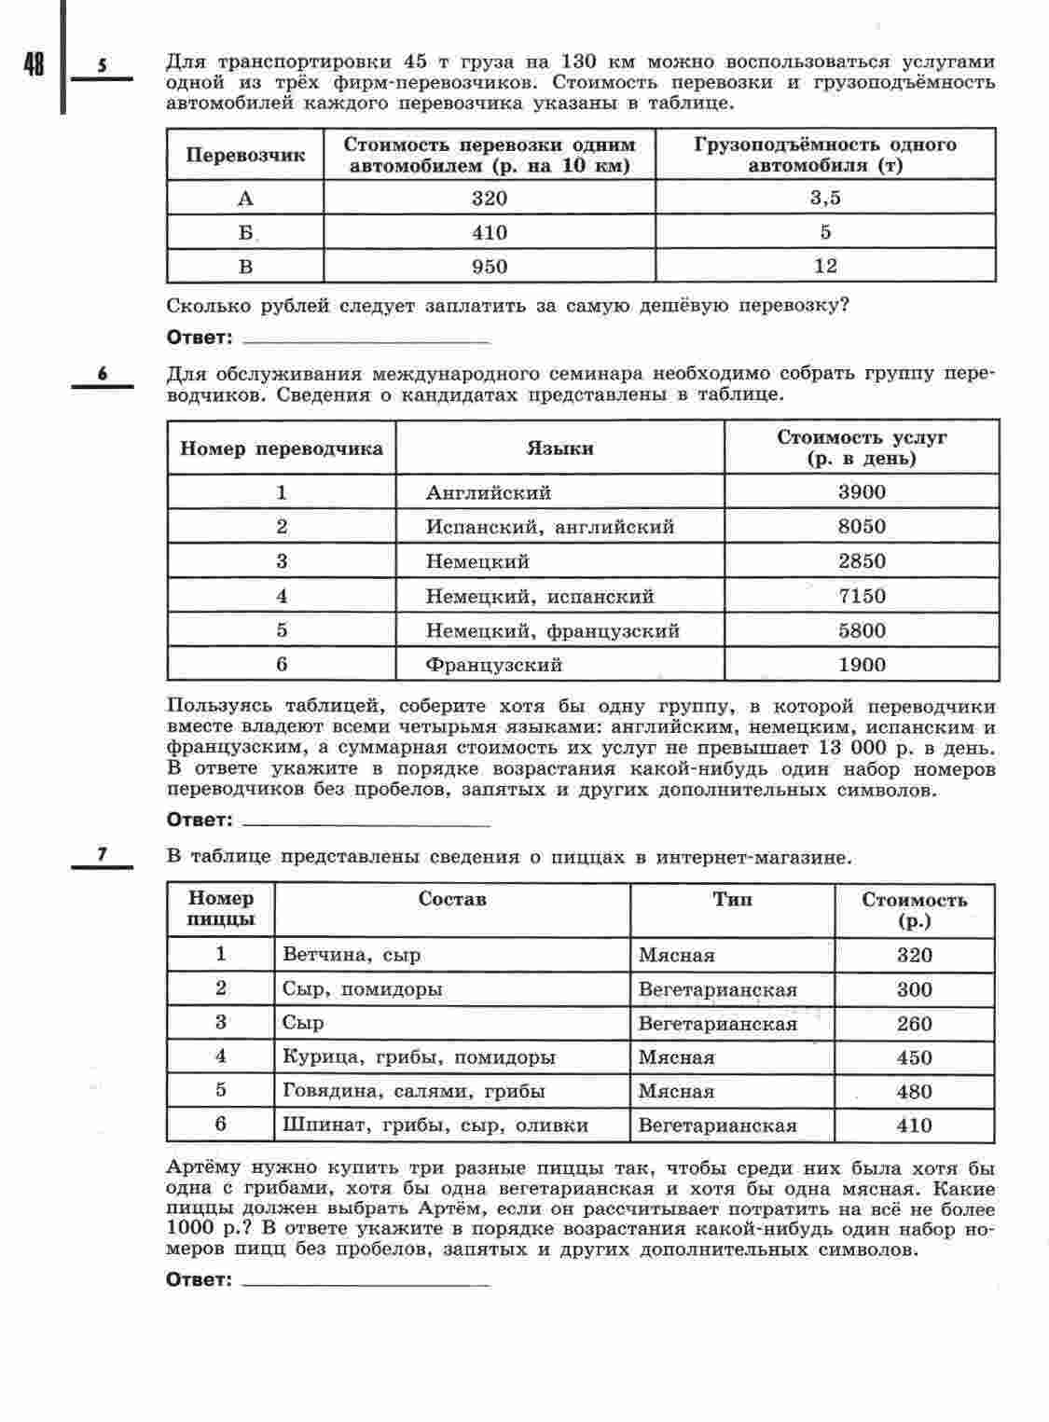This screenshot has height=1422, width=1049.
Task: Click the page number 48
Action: point(34,66)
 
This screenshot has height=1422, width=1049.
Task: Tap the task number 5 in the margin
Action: point(103,66)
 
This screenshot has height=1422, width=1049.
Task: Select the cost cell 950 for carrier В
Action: point(490,268)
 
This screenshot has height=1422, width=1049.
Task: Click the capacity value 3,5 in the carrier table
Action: point(825,198)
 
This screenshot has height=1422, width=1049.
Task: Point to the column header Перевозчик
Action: point(245,156)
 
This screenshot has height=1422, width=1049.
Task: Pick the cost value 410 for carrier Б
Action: point(490,232)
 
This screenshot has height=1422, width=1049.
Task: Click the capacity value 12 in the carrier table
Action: point(825,267)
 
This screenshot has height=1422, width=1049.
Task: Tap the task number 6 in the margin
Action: point(103,375)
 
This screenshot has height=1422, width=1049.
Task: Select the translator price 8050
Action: point(862,527)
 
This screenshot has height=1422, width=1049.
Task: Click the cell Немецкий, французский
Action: point(553,631)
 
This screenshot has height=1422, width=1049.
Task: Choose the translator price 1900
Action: point(862,666)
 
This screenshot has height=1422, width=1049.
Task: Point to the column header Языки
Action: point(559,449)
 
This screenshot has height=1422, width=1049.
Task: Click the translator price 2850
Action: point(862,561)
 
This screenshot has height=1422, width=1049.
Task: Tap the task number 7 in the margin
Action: point(103,854)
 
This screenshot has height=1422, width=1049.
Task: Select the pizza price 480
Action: point(914,1092)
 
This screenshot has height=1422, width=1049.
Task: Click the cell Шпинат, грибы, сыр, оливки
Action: point(435,1125)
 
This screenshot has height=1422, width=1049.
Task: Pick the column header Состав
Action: point(452,900)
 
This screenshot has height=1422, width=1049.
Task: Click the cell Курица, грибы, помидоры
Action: point(419,1057)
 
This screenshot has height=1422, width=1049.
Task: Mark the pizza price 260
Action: point(914,1024)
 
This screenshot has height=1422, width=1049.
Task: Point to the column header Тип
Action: point(733,900)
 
